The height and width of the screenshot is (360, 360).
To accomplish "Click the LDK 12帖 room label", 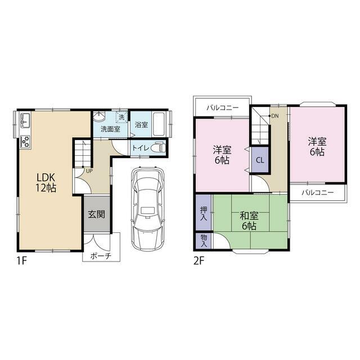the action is (x=46, y=183).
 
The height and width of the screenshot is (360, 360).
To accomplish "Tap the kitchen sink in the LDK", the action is (x=25, y=120).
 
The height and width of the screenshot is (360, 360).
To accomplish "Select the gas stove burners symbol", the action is (x=25, y=142).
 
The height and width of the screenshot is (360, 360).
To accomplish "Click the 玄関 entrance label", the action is (x=97, y=214).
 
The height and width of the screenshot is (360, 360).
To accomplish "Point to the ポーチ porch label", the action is (x=101, y=255).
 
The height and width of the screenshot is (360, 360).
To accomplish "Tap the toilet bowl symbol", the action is (x=158, y=147).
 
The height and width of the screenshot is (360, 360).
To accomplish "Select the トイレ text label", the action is (x=141, y=147).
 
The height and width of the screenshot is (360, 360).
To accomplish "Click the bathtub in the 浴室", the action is (x=160, y=124).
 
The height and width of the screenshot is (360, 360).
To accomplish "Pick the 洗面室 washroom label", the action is (x=110, y=129).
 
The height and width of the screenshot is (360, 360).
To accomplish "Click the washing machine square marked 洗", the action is (x=121, y=117).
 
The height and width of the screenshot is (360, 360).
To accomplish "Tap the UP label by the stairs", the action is (x=89, y=171).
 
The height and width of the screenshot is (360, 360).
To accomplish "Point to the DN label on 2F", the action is (x=275, y=116).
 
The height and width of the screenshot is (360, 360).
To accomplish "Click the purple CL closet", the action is (x=260, y=160).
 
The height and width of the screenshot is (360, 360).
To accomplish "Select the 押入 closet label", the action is (x=204, y=214).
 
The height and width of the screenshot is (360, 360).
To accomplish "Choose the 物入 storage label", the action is (x=204, y=241).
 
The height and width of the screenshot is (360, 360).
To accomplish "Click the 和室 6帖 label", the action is (x=249, y=221).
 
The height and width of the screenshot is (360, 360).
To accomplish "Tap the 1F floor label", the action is (x=22, y=261).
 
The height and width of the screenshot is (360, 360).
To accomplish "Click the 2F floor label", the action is (x=199, y=261).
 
